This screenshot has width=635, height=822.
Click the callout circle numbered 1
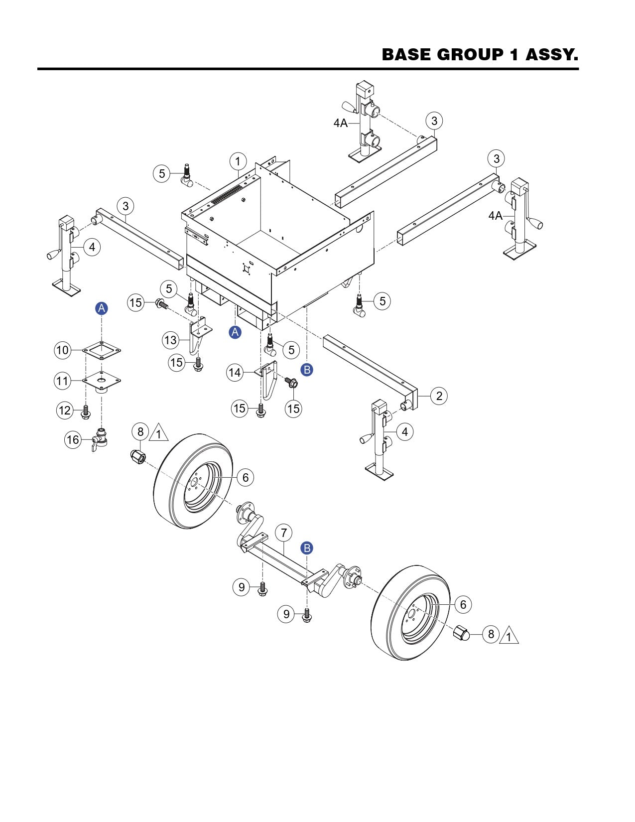pos(238,161)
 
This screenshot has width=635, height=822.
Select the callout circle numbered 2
pos(439,396)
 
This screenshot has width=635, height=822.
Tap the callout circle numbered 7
pos(283,533)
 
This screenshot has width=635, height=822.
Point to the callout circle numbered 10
pos(62,350)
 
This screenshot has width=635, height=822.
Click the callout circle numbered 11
pos(62,382)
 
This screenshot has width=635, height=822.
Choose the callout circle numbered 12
pos(65,411)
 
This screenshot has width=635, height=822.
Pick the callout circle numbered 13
pos(171,341)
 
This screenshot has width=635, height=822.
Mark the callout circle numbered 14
pos(235,372)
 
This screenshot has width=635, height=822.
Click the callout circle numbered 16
pos(73,440)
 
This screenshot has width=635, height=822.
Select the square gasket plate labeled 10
pos(102,351)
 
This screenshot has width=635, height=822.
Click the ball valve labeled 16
pos(100,438)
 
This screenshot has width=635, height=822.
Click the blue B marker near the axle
pos(307,548)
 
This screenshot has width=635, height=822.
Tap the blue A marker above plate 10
pos(102,308)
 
